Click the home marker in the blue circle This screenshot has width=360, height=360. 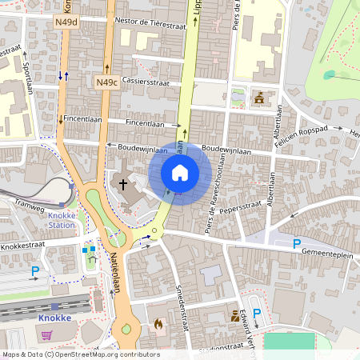coord(180,173)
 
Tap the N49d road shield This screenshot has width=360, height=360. coord(67,22)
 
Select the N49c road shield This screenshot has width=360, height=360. coord(106,82)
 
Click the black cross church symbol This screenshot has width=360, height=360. coord(123,184)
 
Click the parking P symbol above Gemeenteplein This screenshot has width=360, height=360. coord(297,243)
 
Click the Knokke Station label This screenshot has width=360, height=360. coord(60,221)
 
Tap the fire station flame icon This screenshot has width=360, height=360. coord(158,324)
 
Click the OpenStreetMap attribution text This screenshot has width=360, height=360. coord(80,354)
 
